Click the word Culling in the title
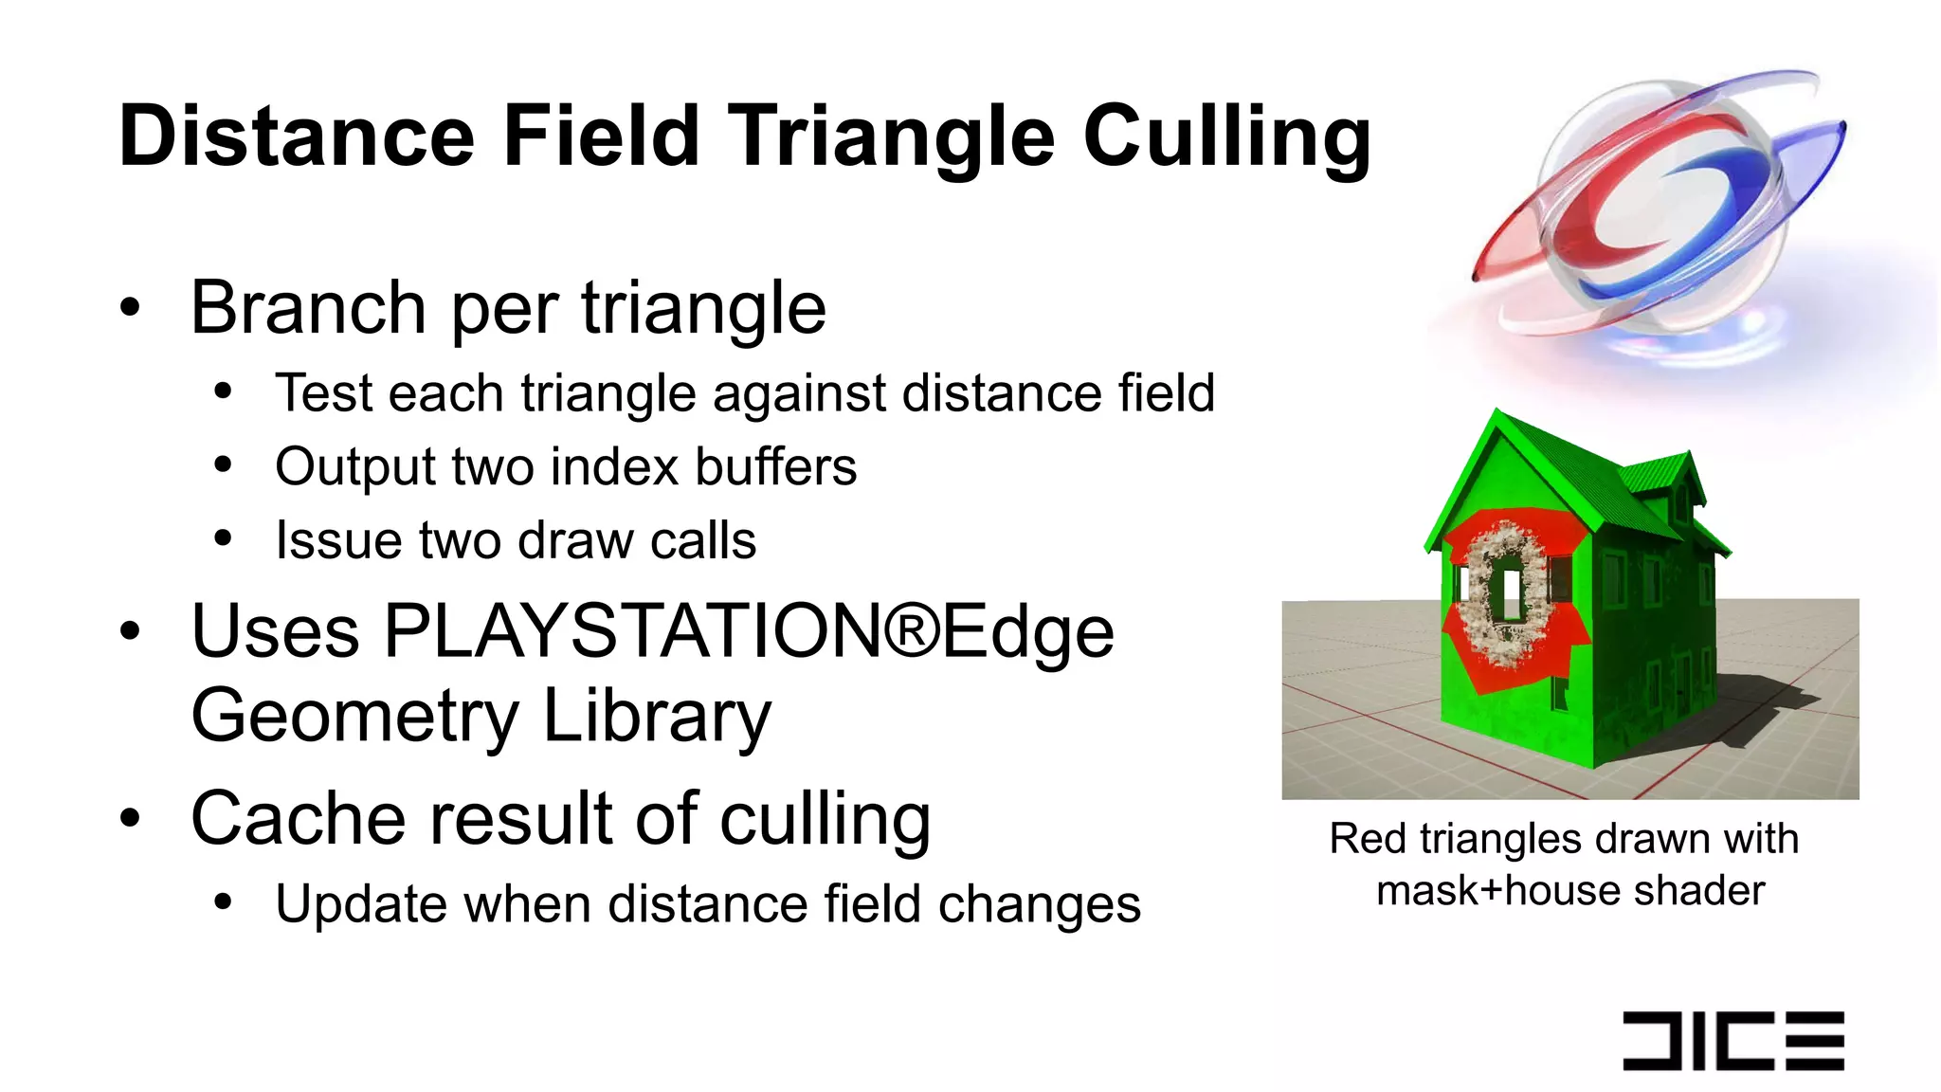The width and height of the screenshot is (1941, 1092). (1226, 138)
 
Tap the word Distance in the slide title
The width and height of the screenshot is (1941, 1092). (296, 136)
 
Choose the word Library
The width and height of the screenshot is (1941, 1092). (656, 717)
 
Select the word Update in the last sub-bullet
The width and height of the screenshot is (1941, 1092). (360, 905)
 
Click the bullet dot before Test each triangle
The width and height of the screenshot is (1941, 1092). (223, 392)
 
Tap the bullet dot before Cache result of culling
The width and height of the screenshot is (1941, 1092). (131, 819)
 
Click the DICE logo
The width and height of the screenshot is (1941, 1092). (1732, 1041)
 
